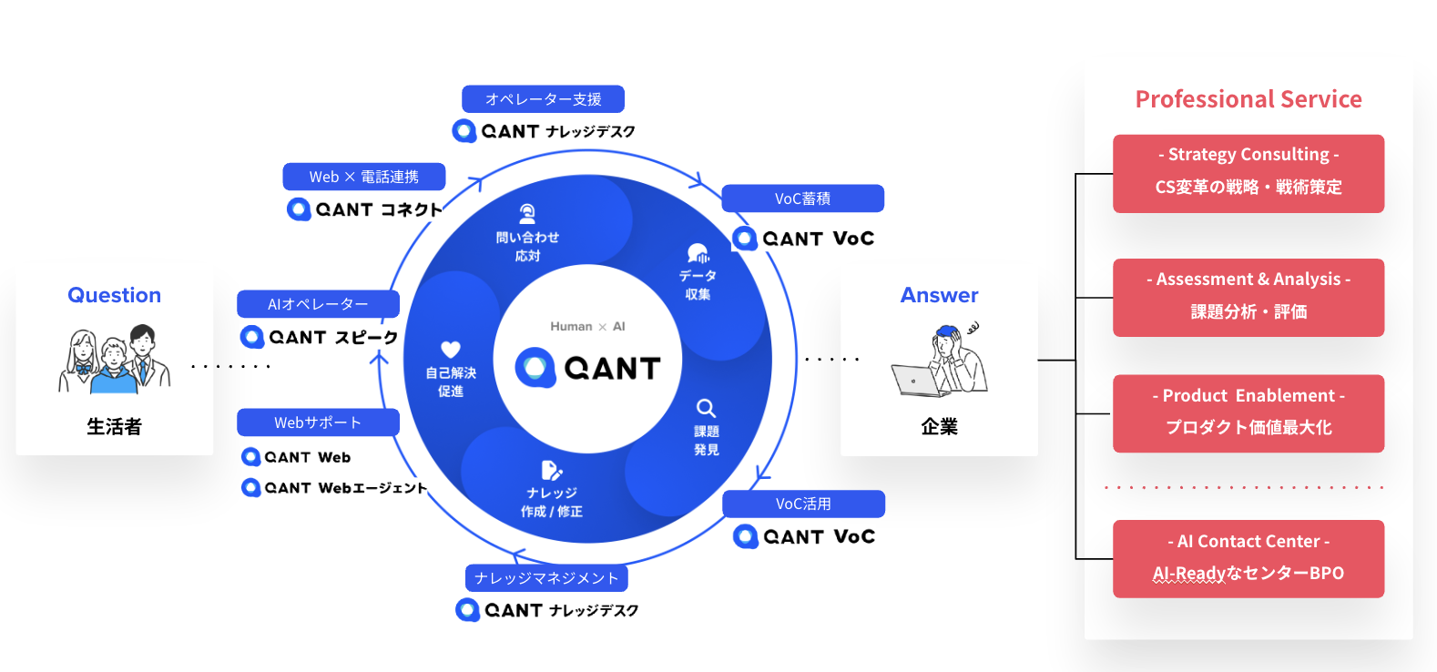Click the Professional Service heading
click(x=1248, y=99)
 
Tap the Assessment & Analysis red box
click(x=1248, y=297)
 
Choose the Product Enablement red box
click(x=1248, y=412)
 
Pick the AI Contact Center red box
click(x=1248, y=558)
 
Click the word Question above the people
click(x=114, y=295)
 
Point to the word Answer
click(x=939, y=295)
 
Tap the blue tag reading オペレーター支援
click(x=543, y=99)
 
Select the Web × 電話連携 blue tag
click(x=363, y=177)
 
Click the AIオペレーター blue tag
click(x=318, y=304)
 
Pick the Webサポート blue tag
click(x=318, y=423)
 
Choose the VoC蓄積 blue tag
click(x=802, y=199)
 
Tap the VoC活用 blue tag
click(x=803, y=504)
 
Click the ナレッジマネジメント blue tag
click(x=546, y=578)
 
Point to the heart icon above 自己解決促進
click(x=451, y=349)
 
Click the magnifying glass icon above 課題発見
click(x=706, y=408)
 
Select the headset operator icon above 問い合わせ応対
click(x=527, y=214)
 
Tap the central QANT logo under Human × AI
click(x=588, y=368)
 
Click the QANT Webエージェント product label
click(x=335, y=488)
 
